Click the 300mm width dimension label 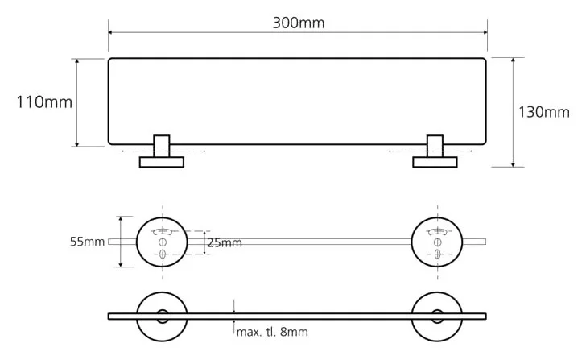298,23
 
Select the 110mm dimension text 44,102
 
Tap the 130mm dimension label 544,112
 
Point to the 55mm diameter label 87,242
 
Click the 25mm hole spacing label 225,243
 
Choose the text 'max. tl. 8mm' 272,332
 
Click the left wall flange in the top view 162,162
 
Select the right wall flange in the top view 435,162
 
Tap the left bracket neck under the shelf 162,146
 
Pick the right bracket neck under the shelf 435,146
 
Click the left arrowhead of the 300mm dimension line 110,32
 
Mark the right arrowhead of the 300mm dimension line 485,32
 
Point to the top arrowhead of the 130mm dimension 513,60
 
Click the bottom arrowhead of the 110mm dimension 77,144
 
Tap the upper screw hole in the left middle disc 163,242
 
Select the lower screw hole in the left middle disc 163,254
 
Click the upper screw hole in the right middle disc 437,242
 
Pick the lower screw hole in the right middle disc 437,254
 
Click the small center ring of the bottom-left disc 163,310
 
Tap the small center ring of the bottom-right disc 437,310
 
